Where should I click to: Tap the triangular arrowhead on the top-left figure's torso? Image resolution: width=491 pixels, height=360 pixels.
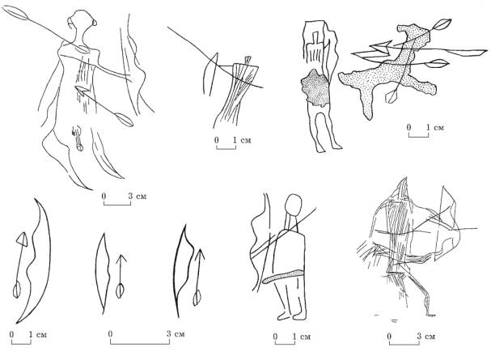tap(81, 91)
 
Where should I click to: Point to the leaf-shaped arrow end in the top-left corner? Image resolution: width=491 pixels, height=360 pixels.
tap(15, 13)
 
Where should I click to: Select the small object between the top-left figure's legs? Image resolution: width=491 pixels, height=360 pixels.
tap(78, 138)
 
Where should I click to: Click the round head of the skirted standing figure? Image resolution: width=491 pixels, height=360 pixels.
tap(294, 204)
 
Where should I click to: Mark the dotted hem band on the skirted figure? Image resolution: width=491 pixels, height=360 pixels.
tap(284, 276)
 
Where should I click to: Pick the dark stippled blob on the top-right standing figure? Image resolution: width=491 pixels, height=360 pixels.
tap(315, 88)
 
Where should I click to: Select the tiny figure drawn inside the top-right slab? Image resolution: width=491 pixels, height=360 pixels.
tap(314, 47)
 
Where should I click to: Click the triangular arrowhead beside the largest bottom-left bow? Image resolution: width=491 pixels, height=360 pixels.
tap(22, 239)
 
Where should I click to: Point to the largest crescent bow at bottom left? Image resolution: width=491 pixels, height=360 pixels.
tap(35, 260)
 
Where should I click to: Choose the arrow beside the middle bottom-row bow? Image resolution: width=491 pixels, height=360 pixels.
tap(121, 277)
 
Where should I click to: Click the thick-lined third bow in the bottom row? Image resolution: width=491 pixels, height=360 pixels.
tap(184, 271)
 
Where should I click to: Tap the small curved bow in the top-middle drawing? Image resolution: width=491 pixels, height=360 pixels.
tap(210, 74)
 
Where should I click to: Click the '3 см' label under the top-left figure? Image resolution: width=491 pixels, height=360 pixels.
tap(138, 197)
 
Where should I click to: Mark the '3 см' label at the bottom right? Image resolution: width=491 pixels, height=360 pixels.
tap(425, 337)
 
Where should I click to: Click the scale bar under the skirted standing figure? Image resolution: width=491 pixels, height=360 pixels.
tap(285, 342)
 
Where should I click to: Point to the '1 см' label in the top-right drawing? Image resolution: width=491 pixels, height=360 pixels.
tap(435, 127)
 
